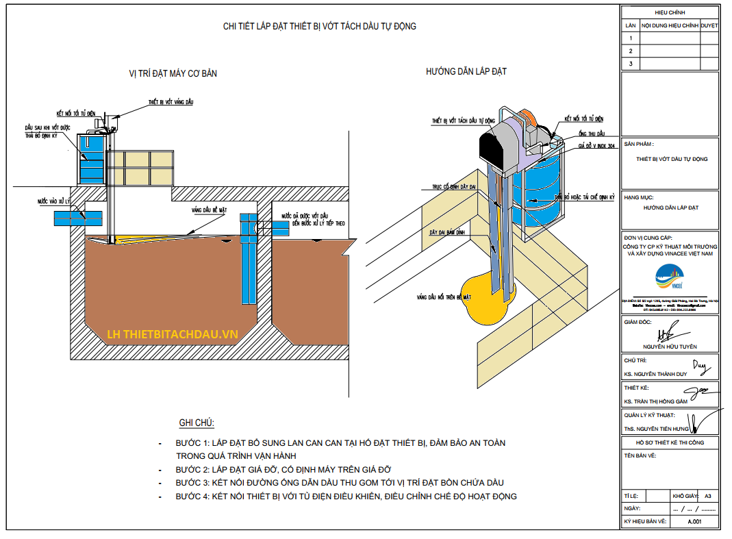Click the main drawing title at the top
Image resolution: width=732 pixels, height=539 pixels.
320,27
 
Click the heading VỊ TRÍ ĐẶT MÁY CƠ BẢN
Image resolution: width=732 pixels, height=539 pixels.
173,73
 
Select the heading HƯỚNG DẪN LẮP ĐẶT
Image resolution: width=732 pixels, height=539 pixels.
466,71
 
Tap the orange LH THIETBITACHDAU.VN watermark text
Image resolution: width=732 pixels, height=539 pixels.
173,334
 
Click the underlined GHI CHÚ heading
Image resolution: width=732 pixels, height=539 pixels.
197,423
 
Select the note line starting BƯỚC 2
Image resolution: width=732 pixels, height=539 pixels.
283,469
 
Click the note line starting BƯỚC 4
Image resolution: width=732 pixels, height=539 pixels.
346,496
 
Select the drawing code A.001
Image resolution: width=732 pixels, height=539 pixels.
694,522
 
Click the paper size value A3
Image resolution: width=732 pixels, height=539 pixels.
707,496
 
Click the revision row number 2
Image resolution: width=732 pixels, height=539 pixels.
629,51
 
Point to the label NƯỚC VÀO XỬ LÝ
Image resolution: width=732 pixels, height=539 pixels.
54,202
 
